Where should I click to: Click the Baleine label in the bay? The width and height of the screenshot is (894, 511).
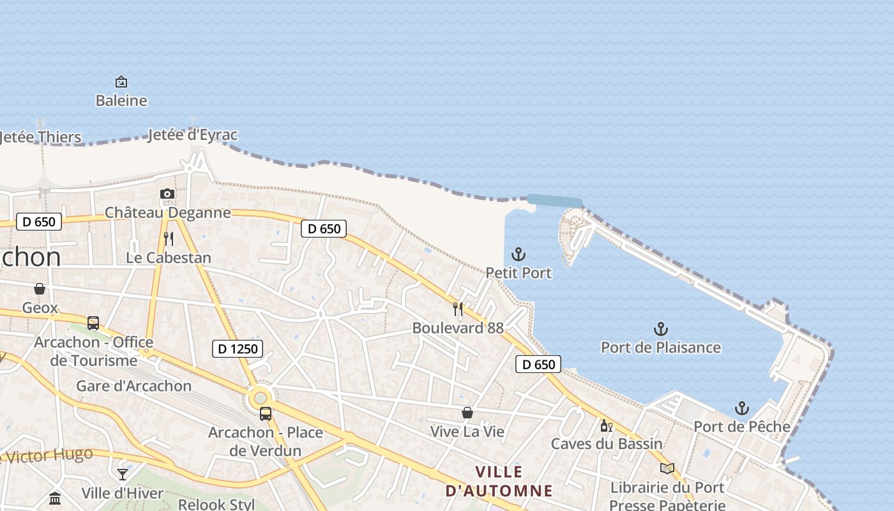(121, 101)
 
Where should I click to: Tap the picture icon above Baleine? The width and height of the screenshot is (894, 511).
(121, 82)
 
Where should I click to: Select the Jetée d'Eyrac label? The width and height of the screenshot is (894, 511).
(192, 135)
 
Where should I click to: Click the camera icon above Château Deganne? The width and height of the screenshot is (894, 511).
(167, 194)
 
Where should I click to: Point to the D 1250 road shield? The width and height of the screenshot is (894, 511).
(238, 349)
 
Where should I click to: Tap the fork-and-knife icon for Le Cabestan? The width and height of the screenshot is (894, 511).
(169, 239)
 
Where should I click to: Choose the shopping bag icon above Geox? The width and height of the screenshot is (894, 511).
(40, 289)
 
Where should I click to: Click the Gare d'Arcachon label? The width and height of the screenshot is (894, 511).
(134, 386)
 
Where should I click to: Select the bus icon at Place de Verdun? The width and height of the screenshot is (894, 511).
(266, 413)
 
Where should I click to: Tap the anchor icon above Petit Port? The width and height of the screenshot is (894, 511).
(519, 254)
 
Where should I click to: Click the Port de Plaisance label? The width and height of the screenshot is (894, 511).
(661, 347)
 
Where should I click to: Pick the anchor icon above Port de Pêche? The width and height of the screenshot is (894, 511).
(741, 408)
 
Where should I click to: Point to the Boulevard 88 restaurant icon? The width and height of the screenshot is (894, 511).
(458, 309)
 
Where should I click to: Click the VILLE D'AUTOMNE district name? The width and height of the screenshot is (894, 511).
(499, 482)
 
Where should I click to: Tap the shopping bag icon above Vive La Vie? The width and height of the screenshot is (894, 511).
(467, 413)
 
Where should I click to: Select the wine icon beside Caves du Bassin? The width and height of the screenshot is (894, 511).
(606, 425)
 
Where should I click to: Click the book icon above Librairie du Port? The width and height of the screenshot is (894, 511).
(667, 469)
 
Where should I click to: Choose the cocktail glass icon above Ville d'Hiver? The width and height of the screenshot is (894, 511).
(123, 475)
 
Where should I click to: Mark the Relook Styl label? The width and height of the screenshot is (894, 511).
(216, 504)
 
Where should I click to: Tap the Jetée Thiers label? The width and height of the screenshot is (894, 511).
(41, 137)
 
